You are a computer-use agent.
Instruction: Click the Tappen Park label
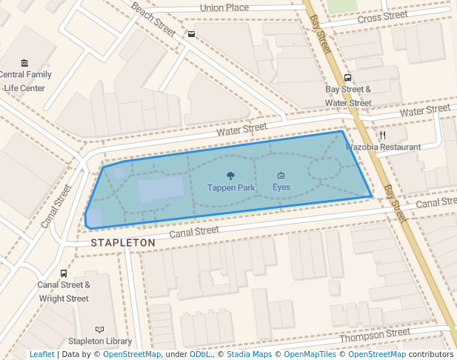[230, 188]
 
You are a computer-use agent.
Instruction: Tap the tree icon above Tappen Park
[230, 176]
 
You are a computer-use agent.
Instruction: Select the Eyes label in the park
[281, 187]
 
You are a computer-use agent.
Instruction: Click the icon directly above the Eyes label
[281, 176]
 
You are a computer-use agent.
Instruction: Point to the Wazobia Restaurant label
[383, 147]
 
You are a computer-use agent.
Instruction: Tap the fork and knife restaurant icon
[383, 136]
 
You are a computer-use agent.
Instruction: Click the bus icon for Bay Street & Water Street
[347, 78]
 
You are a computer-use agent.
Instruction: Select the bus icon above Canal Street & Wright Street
[64, 273]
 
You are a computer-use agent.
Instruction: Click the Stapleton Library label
[100, 341]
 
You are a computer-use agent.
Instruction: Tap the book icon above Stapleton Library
[100, 330]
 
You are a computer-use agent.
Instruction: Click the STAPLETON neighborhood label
[123, 242]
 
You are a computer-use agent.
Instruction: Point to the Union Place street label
[224, 8]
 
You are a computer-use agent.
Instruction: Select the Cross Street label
[382, 16]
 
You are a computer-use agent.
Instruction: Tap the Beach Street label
[153, 19]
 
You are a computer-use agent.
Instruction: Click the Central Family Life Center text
[25, 81]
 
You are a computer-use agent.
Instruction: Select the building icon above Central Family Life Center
[25, 63]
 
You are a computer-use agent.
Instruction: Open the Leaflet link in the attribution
[41, 354]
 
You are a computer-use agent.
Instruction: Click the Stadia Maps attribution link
[249, 354]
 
